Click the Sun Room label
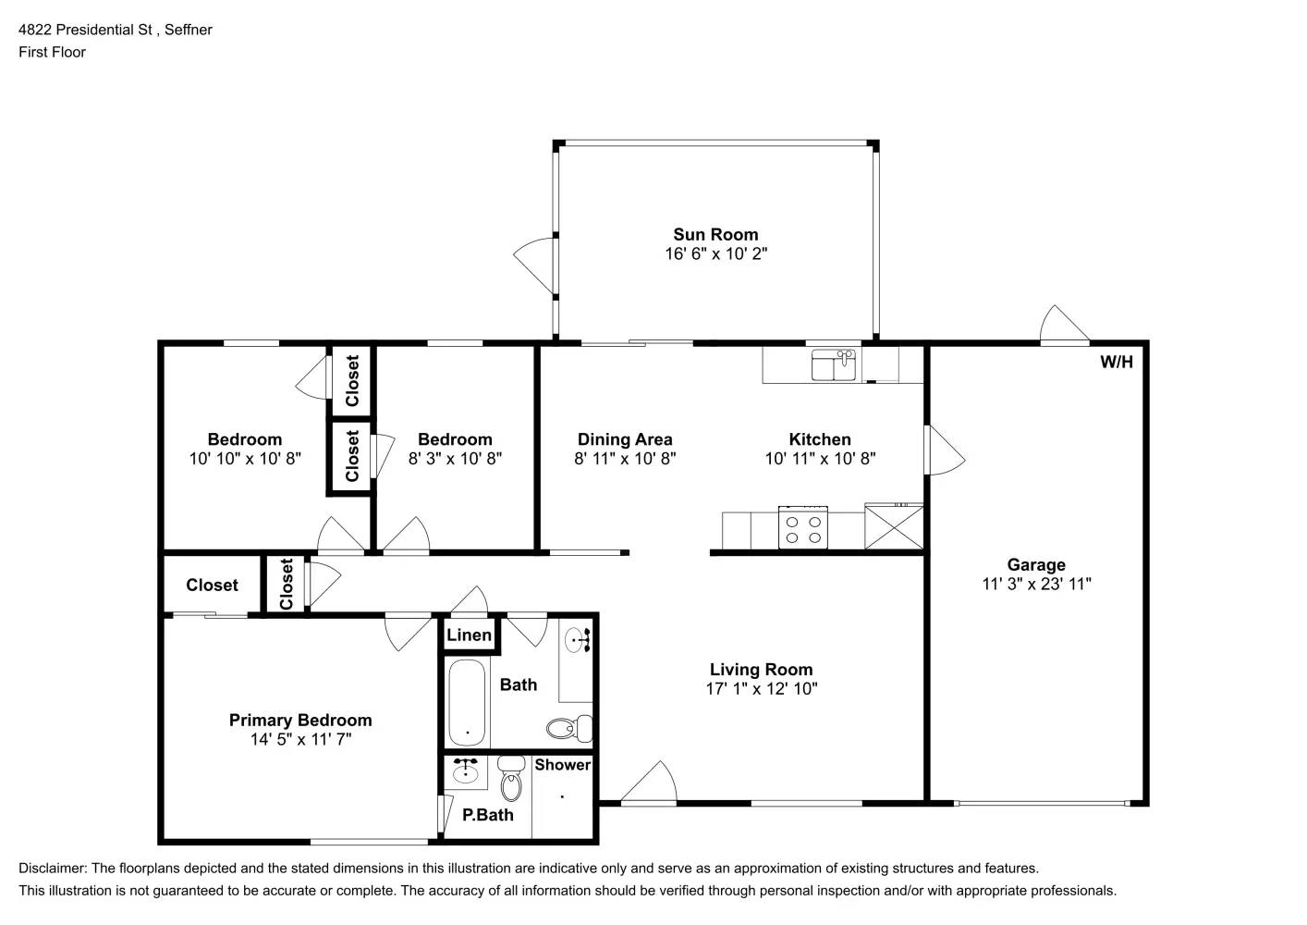[x=715, y=235]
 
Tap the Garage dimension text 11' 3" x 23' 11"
[x=1036, y=584]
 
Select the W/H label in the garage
[x=1116, y=362]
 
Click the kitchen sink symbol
[x=834, y=364]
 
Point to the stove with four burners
[x=802, y=528]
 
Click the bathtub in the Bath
[x=467, y=702]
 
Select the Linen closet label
[x=469, y=635]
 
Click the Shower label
[x=562, y=764]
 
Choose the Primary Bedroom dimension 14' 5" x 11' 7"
[x=300, y=739]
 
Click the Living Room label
[x=761, y=670]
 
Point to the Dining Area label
[x=625, y=439]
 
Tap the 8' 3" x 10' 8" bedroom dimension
[x=455, y=458]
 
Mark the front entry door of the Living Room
[x=650, y=784]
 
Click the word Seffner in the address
[x=189, y=30]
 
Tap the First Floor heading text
[x=52, y=52]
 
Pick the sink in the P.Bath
[x=465, y=771]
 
